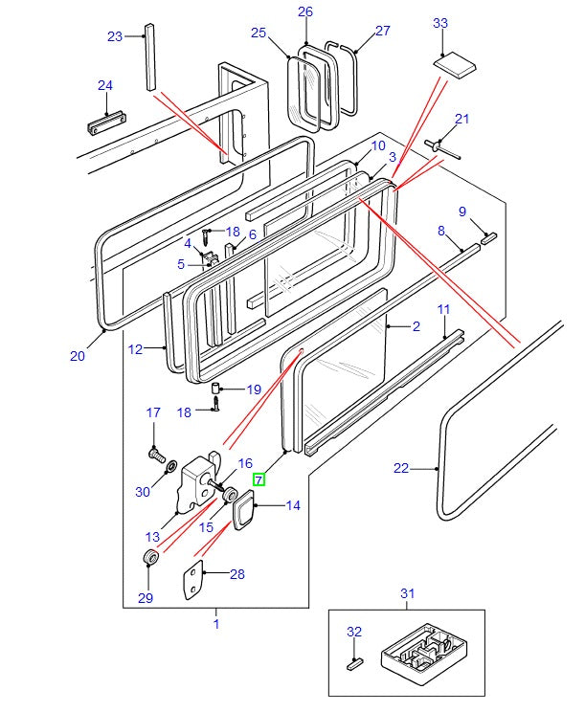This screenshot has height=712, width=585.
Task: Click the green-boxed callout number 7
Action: click(x=259, y=480)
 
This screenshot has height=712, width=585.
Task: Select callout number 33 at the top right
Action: click(x=440, y=23)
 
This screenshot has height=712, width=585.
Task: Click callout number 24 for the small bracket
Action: click(x=105, y=86)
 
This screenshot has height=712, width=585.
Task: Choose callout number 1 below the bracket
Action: click(x=215, y=624)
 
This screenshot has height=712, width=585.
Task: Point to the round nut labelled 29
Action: click(x=149, y=558)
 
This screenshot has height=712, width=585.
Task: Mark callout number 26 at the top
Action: click(x=305, y=11)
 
